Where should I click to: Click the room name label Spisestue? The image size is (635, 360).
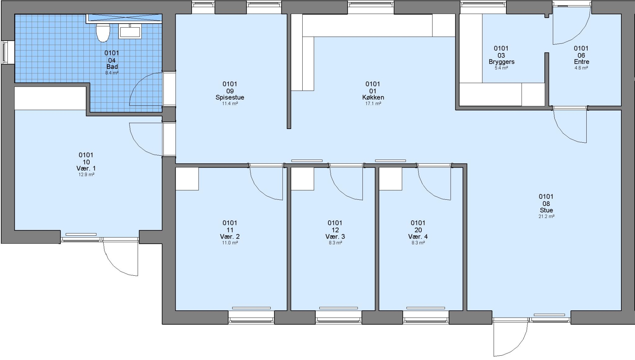(x=230, y=97)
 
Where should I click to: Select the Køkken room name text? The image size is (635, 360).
(x=373, y=97)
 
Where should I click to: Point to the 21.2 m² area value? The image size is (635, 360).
(x=546, y=216)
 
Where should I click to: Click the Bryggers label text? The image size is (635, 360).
(x=501, y=62)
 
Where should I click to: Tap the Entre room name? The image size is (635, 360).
(x=581, y=62)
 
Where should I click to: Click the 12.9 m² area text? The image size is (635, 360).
(x=86, y=174)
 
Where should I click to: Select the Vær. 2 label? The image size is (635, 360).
(x=230, y=236)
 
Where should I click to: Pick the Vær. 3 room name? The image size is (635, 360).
(x=335, y=236)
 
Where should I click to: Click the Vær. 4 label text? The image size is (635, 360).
(x=418, y=236)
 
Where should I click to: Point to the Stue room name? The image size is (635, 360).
(x=546, y=210)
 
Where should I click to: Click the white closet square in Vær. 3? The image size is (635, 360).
(x=302, y=179)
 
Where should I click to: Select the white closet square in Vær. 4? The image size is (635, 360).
(x=390, y=179)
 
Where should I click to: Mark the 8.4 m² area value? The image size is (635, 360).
(x=112, y=73)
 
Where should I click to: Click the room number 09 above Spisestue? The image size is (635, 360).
(x=230, y=91)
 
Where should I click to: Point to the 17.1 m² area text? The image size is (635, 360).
(x=373, y=104)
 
